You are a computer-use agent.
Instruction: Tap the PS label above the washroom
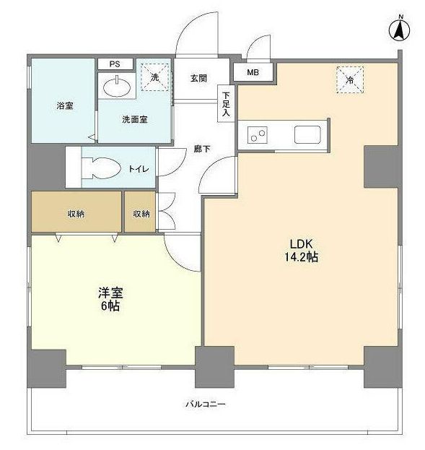pyautogui.click(x=115, y=64)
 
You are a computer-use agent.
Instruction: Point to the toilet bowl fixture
pyautogui.click(x=99, y=168)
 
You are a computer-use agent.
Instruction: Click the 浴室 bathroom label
pyautogui.click(x=65, y=106)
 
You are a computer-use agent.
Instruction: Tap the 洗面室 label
pyautogui.click(x=134, y=119)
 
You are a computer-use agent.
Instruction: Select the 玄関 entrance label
pyautogui.click(x=199, y=77)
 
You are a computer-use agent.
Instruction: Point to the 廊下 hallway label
pyautogui.click(x=202, y=150)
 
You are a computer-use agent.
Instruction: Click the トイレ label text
pyautogui.click(x=139, y=168)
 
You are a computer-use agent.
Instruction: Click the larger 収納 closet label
pyautogui.click(x=76, y=214)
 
